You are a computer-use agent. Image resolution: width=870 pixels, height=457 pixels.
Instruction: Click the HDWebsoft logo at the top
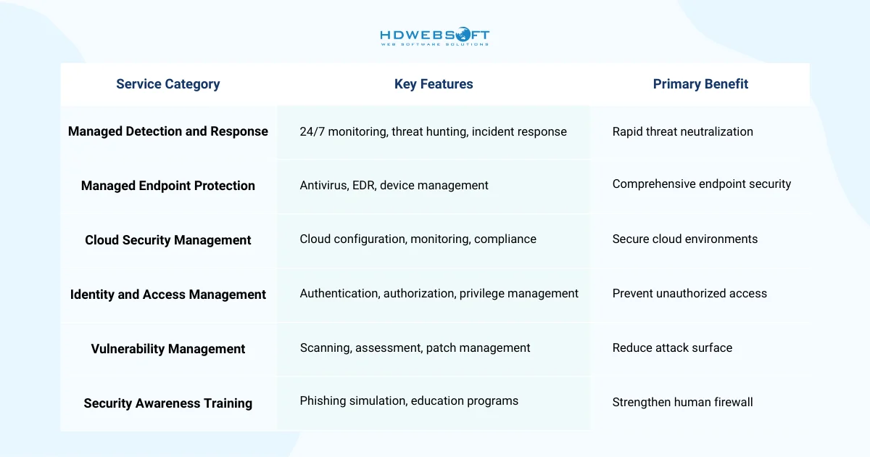coord(434,37)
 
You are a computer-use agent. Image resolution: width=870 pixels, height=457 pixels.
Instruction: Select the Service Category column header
coord(167,84)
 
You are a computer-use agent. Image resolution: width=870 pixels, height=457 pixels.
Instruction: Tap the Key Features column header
coord(434,84)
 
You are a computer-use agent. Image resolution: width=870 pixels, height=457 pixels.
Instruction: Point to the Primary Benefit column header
coord(700,84)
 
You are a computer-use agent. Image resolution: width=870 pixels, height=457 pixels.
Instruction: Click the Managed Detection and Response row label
coord(167,131)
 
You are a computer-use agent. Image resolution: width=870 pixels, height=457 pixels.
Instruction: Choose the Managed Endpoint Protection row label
coord(167,186)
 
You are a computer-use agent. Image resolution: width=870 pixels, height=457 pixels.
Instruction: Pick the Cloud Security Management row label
coord(167,240)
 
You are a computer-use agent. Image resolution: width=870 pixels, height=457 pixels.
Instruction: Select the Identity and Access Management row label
coord(167,295)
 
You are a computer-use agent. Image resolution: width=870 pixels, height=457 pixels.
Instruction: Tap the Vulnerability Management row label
coord(167,349)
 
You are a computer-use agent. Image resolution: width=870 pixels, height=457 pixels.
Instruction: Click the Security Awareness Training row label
coord(167,403)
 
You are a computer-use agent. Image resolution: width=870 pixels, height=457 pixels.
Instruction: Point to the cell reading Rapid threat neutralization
coord(682,131)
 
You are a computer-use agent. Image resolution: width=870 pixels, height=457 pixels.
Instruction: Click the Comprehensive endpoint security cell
coord(701,184)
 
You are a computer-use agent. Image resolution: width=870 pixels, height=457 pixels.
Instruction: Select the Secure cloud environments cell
coord(684,239)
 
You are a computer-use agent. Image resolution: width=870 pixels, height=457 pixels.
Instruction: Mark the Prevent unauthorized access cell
coord(689,293)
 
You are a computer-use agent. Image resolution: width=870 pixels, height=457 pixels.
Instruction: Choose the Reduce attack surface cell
coord(672,347)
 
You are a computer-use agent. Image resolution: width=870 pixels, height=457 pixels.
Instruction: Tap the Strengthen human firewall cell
coord(682,402)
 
